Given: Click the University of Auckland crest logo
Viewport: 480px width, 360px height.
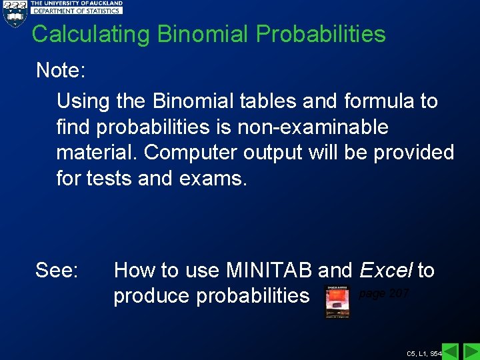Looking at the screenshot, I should point(14,13).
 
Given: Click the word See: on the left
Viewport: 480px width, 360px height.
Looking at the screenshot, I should point(57,271).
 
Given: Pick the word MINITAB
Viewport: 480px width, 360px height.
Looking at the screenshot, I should point(270,271).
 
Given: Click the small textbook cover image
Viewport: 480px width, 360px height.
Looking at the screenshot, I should point(337,302).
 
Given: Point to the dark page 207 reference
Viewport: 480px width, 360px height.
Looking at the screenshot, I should point(383,294).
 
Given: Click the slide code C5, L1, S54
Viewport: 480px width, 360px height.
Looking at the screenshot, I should point(424,352).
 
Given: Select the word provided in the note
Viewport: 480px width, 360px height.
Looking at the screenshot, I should point(413,153).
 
